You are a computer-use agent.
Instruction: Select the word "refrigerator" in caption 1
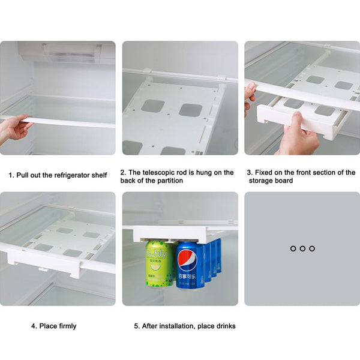[70, 175]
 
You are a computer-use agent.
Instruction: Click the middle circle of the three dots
[302, 248]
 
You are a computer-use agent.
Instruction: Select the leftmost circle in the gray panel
[293, 248]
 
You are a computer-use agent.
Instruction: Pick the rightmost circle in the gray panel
[312, 248]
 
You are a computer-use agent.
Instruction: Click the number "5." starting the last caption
[137, 326]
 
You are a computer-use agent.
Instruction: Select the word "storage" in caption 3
[261, 181]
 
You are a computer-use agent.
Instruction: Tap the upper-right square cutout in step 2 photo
[190, 110]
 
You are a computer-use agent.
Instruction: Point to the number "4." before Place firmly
[34, 326]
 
